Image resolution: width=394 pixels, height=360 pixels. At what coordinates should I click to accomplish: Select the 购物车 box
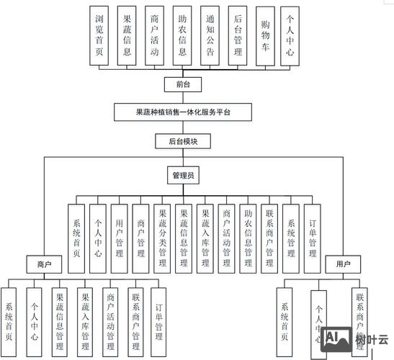(267, 36)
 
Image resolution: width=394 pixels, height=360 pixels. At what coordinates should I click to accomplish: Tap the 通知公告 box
(210, 36)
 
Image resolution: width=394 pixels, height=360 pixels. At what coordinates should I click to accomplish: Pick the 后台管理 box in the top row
(238, 36)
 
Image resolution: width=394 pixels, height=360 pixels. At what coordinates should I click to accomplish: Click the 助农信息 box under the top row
(182, 36)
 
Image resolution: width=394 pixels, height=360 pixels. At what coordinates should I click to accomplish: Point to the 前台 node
(183, 84)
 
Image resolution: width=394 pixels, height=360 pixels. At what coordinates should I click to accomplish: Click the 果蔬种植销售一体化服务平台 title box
(183, 112)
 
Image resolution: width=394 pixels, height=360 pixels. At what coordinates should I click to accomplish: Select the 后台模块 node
(183, 142)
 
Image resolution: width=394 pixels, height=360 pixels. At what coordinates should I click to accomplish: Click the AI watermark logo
(333, 338)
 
